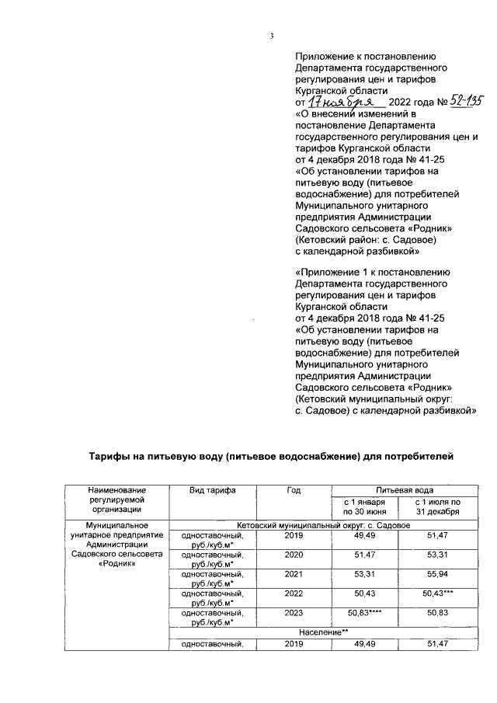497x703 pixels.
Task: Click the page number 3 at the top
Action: (x=272, y=36)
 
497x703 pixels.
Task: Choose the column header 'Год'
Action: (x=293, y=490)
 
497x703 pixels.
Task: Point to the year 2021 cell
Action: (x=293, y=576)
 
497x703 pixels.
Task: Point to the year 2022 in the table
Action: (x=293, y=596)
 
